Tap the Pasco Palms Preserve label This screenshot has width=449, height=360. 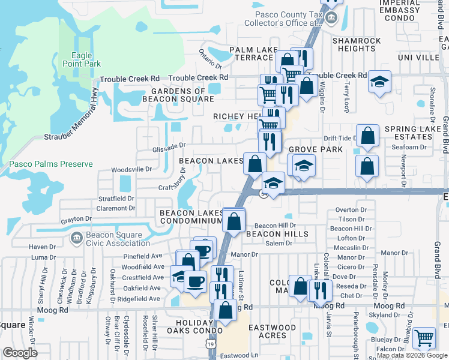(x=51, y=164)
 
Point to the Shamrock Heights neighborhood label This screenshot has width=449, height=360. (x=357, y=44)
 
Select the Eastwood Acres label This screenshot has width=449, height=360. (x=272, y=331)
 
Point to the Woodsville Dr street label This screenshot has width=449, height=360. (x=131, y=170)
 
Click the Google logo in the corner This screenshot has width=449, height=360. (x=20, y=353)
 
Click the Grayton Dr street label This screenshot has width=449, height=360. (x=76, y=220)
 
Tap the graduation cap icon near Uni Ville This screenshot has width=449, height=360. (x=379, y=82)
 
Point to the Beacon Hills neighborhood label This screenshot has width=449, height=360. (x=268, y=234)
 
